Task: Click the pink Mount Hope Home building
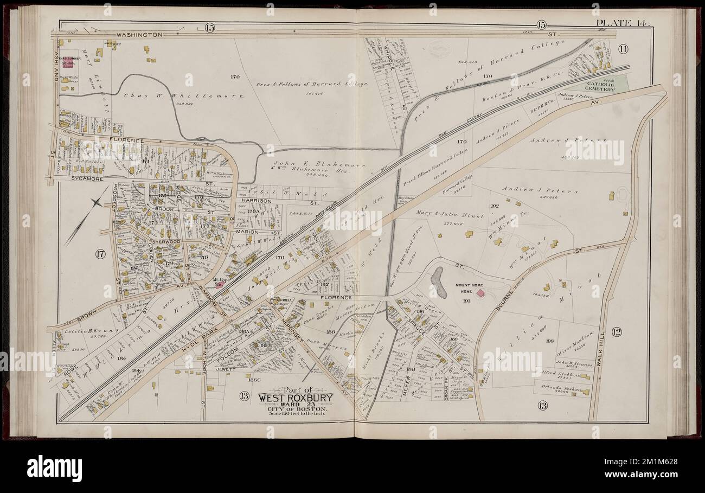pos(480,293)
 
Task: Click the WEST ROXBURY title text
pos(295,397)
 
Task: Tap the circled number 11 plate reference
pos(623,49)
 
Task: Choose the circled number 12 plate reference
pos(616,332)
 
